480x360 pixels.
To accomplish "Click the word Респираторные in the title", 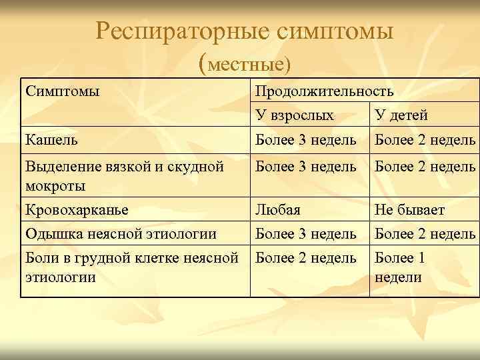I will click(x=181, y=30).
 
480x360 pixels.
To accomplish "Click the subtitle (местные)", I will click(x=245, y=64).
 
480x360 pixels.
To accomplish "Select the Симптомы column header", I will click(x=62, y=91).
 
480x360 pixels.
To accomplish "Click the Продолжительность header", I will click(x=324, y=91).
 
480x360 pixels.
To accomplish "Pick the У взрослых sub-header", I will click(x=294, y=115).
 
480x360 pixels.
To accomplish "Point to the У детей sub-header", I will click(x=401, y=115).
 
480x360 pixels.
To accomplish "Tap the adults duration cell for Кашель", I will click(x=306, y=139).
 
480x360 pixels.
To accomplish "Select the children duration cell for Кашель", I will click(x=425, y=139).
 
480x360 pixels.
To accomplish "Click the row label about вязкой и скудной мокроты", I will click(x=123, y=175).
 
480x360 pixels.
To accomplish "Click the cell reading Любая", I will click(x=278, y=210).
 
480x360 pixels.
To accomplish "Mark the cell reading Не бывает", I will click(x=409, y=210).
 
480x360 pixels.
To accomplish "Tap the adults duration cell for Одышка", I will click(x=306, y=233).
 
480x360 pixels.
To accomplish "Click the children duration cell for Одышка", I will click(x=425, y=233).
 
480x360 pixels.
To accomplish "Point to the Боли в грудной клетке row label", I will click(x=131, y=267).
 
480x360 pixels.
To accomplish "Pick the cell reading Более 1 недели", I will click(x=399, y=267).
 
